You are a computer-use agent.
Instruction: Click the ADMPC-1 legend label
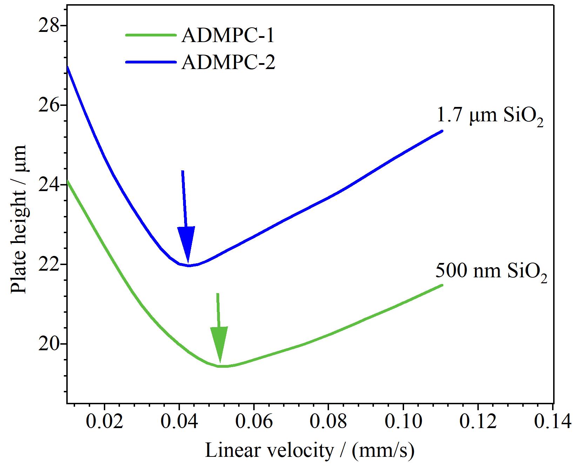tap(227, 36)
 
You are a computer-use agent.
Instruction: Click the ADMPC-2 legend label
tap(228, 62)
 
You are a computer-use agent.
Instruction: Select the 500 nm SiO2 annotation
tap(492, 272)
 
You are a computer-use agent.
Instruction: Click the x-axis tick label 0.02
tap(105, 423)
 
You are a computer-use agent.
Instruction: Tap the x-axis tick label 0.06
tap(254, 423)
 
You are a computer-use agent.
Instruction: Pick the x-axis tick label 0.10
tap(403, 423)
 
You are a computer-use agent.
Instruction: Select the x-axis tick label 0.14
tap(553, 423)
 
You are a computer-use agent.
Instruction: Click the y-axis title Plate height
tap(19, 218)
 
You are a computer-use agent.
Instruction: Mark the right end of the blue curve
tap(443, 131)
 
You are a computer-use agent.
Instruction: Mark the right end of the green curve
tap(443, 285)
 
